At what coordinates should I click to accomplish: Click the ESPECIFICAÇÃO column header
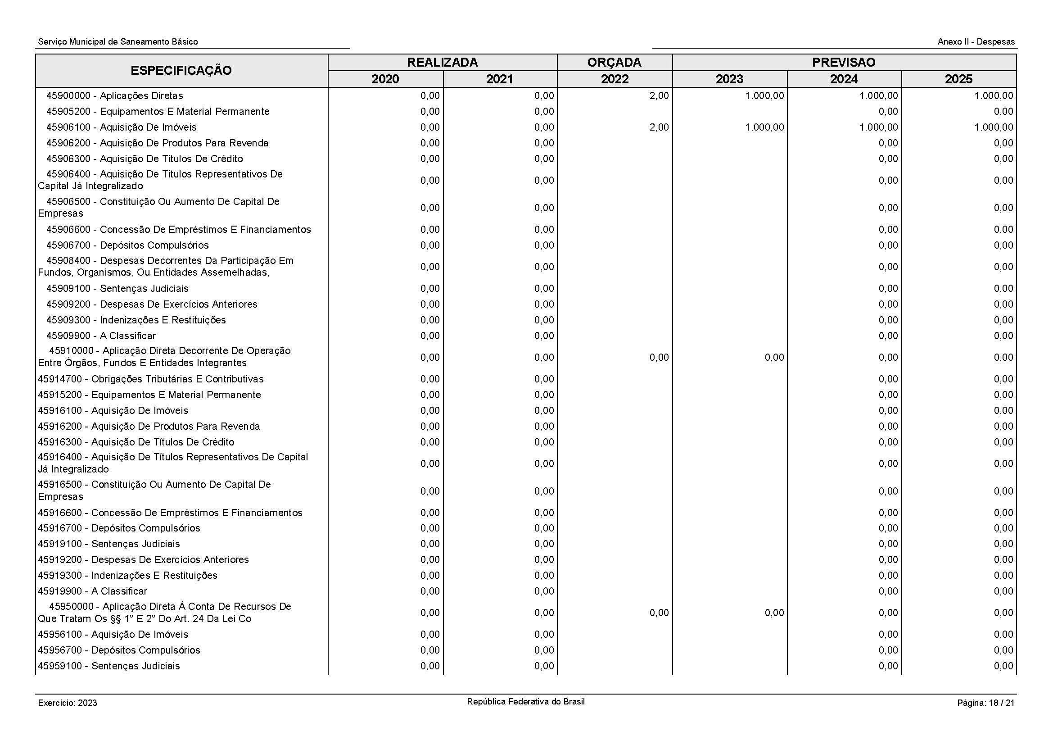pos(181,71)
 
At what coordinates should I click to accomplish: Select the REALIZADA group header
pos(442,63)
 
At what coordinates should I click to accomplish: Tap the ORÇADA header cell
pos(614,63)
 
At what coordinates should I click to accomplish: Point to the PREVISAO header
pos(843,63)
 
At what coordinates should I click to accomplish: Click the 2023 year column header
pos(729,79)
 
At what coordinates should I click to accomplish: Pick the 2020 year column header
pos(385,79)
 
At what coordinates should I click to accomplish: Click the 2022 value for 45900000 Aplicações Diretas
pos(659,96)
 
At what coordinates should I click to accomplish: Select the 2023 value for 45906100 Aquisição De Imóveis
pos(764,127)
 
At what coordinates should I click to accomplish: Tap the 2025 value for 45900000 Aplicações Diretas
pos(994,96)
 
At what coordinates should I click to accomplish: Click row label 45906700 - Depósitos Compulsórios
pos(127,245)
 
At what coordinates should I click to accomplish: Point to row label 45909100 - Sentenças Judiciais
pos(117,289)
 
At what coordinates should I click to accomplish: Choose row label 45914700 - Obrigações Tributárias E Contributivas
pos(150,379)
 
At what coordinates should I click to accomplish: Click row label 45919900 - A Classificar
pos(92,591)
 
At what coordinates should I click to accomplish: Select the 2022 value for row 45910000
pos(659,357)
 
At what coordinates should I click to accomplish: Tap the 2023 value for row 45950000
pos(774,613)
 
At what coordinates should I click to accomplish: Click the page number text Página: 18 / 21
pos(985,703)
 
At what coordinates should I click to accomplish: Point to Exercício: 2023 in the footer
pos(68,703)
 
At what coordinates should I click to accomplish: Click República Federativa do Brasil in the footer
pos(525,701)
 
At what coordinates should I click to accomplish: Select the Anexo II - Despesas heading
pos(976,42)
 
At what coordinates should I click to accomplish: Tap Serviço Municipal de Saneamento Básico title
pos(118,42)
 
